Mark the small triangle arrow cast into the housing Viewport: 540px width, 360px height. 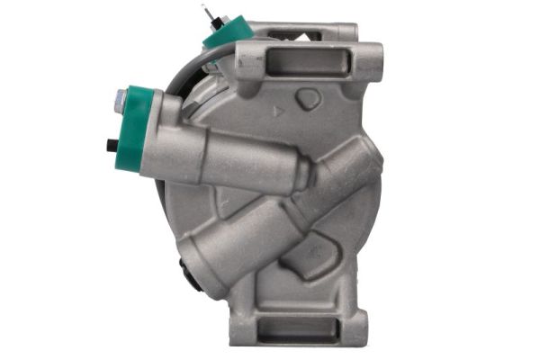[x=276, y=112]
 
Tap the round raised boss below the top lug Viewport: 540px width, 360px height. [x=308, y=99]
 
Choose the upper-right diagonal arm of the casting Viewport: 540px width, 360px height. [x=351, y=171]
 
